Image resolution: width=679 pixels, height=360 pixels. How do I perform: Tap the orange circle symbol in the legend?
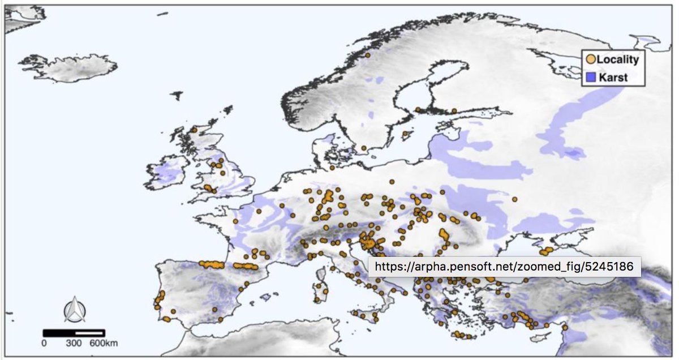click(x=590, y=59)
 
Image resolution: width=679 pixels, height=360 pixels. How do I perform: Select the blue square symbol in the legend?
click(x=590, y=78)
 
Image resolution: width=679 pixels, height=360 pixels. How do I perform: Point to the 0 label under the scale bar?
click(x=44, y=343)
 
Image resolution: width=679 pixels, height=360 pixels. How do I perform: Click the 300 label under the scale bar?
click(x=74, y=343)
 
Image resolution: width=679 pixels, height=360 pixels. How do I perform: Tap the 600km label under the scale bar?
click(x=104, y=343)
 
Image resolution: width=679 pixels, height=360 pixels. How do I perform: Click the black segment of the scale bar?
click(x=59, y=333)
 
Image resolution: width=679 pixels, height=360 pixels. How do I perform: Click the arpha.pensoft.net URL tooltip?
click(x=504, y=266)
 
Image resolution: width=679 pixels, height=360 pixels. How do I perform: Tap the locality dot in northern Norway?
click(x=368, y=55)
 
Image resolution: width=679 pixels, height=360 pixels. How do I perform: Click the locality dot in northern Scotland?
click(x=194, y=130)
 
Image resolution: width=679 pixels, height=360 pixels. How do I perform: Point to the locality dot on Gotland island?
click(x=405, y=134)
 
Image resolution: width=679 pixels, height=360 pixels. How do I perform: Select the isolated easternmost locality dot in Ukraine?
click(x=514, y=199)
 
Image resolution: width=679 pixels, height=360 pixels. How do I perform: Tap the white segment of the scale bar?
click(x=89, y=333)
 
